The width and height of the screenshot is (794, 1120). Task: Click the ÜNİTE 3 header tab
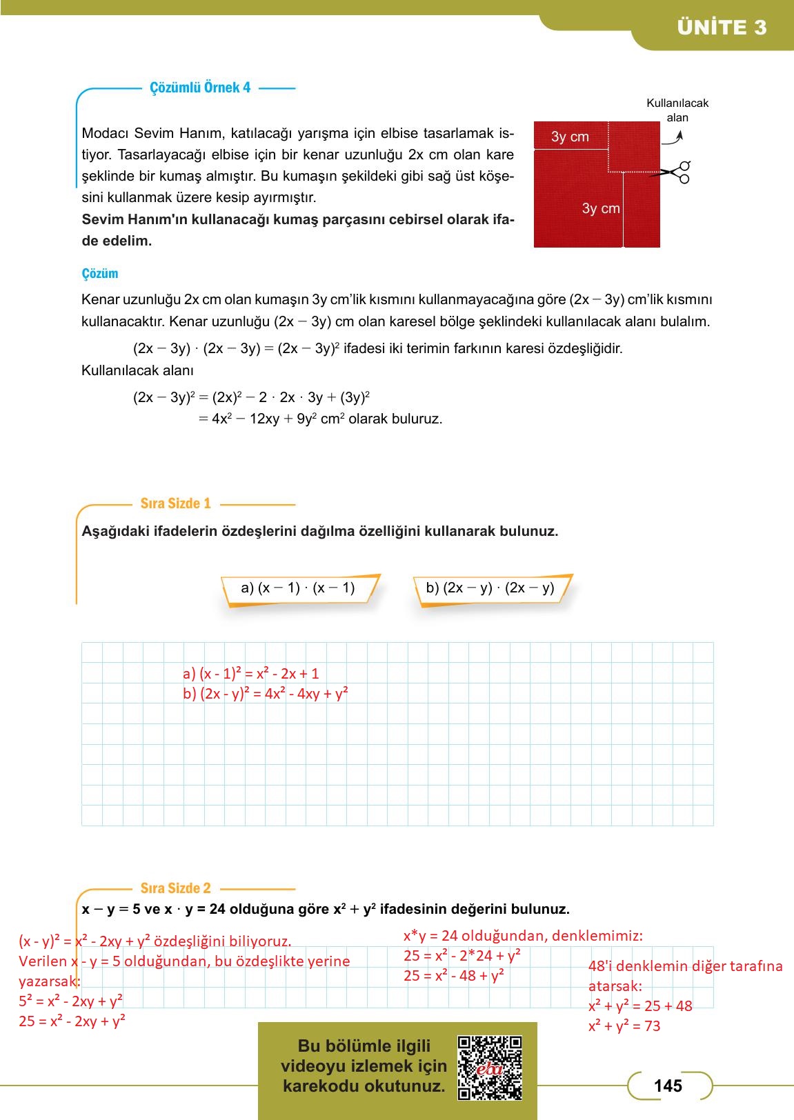click(721, 28)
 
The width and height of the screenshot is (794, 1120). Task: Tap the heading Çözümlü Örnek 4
click(200, 88)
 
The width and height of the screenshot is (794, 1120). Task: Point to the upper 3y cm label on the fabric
click(570, 137)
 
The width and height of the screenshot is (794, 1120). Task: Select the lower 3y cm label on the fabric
click(601, 208)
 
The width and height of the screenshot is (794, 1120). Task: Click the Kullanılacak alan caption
click(677, 110)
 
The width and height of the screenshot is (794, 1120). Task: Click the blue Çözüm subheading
click(100, 274)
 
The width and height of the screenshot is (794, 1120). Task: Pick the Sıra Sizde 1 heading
click(175, 503)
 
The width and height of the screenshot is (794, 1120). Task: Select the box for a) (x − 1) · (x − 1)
click(298, 588)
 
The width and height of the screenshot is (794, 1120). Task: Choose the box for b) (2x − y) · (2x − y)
click(490, 588)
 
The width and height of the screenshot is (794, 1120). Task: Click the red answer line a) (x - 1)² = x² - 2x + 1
click(250, 674)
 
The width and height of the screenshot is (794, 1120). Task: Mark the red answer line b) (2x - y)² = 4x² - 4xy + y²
click(266, 694)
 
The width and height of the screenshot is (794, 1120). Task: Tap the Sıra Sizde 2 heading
click(175, 888)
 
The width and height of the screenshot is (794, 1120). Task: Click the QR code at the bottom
click(490, 1067)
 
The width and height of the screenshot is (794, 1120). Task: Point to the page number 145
click(668, 1086)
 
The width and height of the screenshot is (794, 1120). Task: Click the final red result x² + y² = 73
click(624, 1026)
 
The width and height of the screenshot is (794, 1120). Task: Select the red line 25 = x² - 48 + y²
click(454, 976)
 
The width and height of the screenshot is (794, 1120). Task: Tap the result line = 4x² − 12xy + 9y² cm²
click(320, 419)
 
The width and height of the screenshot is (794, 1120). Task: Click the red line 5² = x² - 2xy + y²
click(71, 1001)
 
